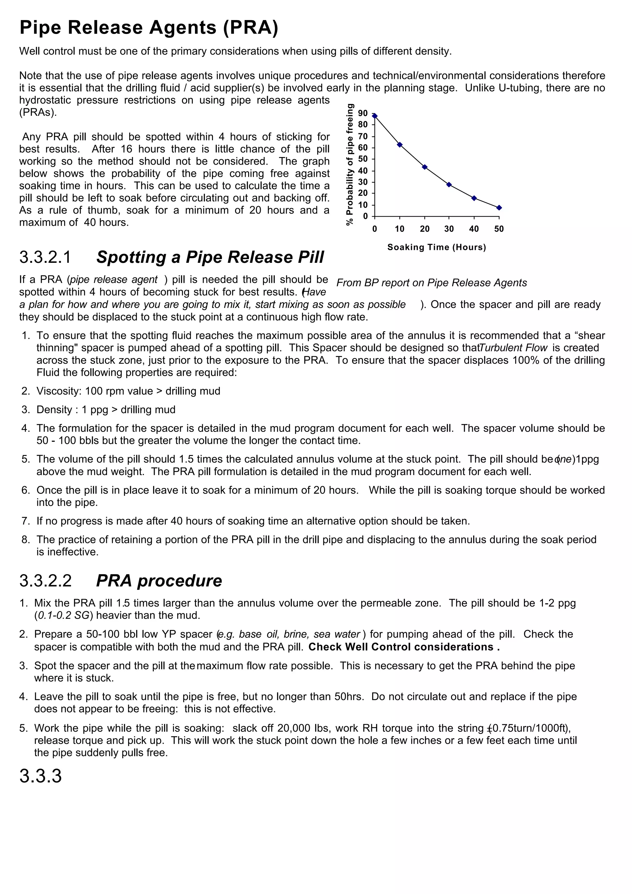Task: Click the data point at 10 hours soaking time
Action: point(400,145)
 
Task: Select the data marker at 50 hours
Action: point(499,208)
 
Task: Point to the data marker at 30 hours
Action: point(449,184)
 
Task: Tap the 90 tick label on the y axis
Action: point(363,113)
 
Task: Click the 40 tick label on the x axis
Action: point(474,229)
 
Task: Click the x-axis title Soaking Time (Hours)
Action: point(437,247)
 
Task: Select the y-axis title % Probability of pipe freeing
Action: point(350,164)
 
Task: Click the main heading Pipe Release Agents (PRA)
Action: point(149,28)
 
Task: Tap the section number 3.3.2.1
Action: point(46,257)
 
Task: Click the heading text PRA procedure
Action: point(159,581)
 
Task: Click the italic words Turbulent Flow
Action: point(513,348)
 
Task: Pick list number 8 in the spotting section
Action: point(26,540)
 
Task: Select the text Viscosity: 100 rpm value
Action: point(95,391)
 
